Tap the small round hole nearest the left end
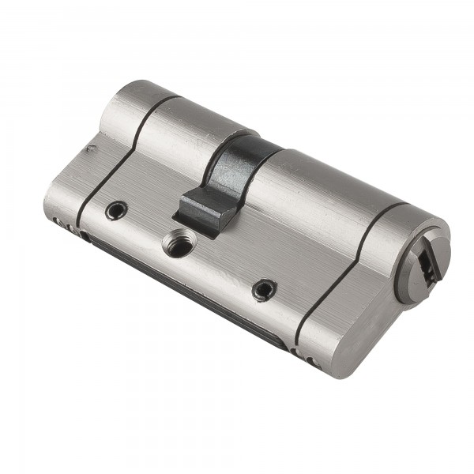pos(117,210)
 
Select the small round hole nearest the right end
pos(264,290)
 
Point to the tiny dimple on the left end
pos(92,147)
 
